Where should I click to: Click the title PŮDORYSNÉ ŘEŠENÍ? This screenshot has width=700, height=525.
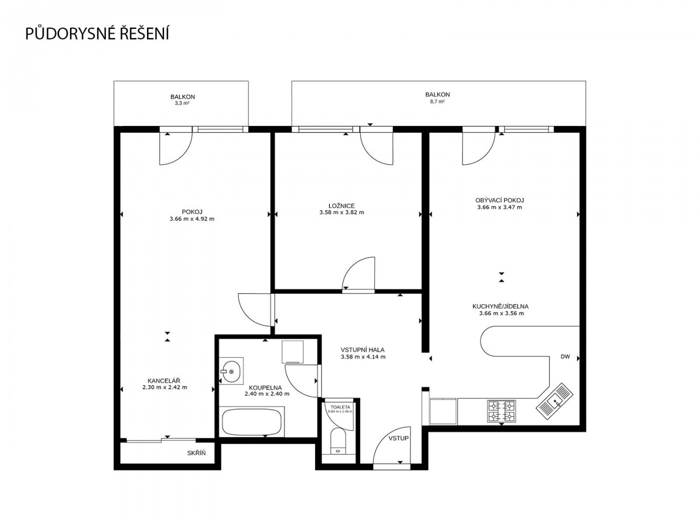[96, 33]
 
